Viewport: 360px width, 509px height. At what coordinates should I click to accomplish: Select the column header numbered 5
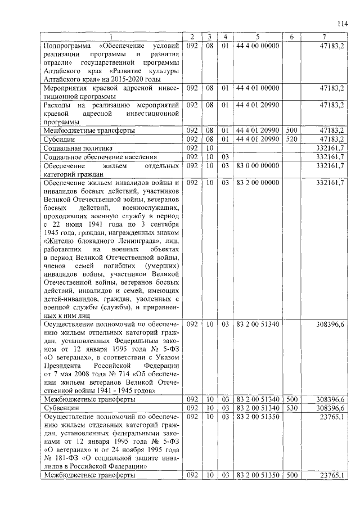pos(257,37)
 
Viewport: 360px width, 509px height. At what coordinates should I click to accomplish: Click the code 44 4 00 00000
pos(258,46)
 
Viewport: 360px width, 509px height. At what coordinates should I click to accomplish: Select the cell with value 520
pos(291,138)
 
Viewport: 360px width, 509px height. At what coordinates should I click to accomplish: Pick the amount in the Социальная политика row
pos(331,147)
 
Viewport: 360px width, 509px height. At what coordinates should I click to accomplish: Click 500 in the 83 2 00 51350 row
pos(291,475)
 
